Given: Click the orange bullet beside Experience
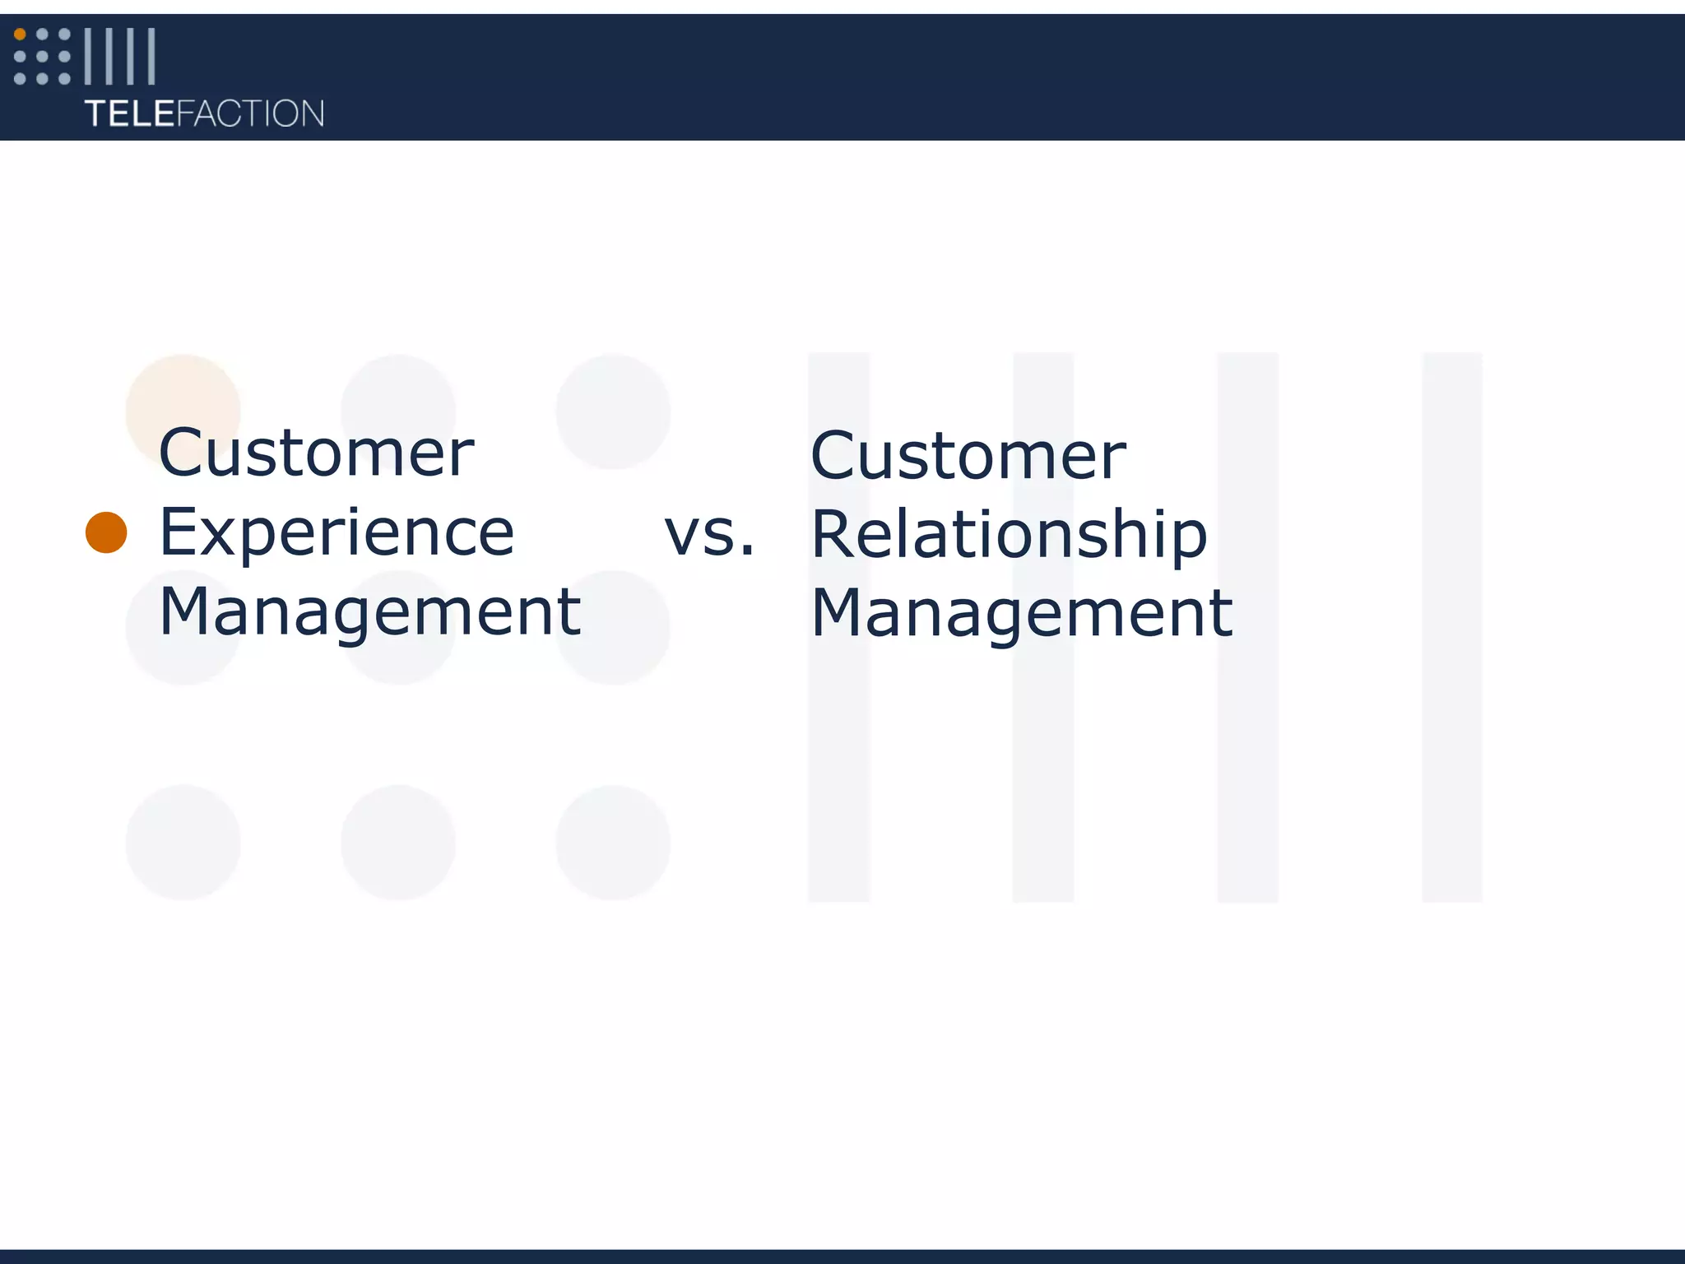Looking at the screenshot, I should click(x=106, y=532).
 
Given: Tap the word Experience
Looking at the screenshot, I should click(x=336, y=533).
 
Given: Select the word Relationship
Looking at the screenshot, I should click(x=1009, y=535).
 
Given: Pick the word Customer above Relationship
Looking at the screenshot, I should click(x=968, y=456).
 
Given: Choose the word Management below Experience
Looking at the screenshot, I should click(x=369, y=612).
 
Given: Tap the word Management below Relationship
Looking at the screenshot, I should click(x=1021, y=614).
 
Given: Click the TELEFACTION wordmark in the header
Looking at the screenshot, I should click(x=204, y=114).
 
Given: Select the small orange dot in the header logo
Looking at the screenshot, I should click(x=20, y=35).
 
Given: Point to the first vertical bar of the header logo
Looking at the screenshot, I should click(x=88, y=56).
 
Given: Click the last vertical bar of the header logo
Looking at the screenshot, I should click(x=151, y=56).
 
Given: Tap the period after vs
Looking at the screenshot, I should click(x=746, y=551).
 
